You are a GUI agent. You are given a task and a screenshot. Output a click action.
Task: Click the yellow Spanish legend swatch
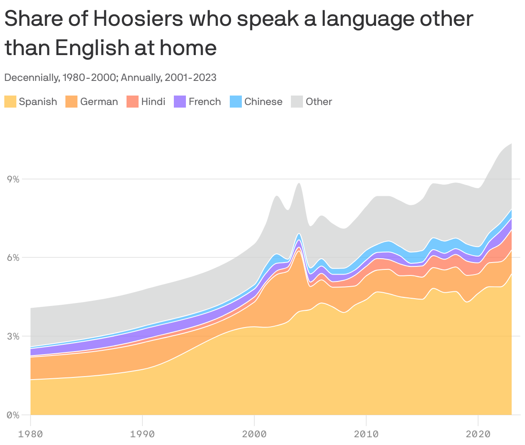pos(10,102)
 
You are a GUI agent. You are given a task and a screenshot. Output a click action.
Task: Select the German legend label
pos(99,102)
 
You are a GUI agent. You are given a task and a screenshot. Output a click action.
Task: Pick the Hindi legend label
pos(153,102)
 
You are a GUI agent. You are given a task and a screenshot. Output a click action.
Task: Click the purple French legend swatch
pos(179,102)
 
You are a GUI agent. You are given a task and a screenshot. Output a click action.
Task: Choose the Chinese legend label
pos(263,102)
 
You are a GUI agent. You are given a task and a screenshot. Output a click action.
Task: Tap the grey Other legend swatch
pos(297,102)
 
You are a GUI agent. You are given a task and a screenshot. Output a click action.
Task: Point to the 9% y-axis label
pos(13,179)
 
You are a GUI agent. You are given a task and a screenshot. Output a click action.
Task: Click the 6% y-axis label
pos(13,258)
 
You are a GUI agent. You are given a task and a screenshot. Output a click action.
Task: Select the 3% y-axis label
pos(13,336)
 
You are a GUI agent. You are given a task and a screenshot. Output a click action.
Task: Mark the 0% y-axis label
pos(13,415)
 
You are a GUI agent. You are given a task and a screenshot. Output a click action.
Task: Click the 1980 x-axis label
pos(31,434)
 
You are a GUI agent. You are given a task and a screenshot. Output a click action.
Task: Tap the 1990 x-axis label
pos(142,434)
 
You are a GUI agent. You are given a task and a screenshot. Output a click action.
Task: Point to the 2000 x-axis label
pos(254,434)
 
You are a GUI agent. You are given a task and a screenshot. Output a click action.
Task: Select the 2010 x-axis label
pos(366,434)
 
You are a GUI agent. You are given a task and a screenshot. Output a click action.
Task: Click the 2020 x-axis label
pos(478,434)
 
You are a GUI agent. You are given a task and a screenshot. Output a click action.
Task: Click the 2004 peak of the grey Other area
pos(299,184)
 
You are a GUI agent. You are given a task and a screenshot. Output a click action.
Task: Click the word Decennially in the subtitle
pos(31,77)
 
